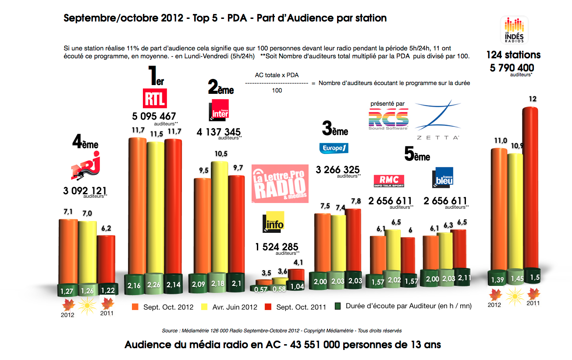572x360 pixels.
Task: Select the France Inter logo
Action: tap(219, 110)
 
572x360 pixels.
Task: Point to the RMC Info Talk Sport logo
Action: tap(389, 180)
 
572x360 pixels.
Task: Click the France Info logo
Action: tap(273, 222)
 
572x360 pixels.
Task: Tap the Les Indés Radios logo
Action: tap(514, 29)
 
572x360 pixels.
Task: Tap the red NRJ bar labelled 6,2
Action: tap(106, 259)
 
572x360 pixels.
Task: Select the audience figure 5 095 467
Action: tap(154, 117)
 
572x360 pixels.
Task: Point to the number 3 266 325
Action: tap(338, 170)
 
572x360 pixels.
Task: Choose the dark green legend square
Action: tap(338, 306)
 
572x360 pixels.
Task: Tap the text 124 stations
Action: tap(513, 55)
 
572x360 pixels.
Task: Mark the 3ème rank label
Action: tap(335, 130)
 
